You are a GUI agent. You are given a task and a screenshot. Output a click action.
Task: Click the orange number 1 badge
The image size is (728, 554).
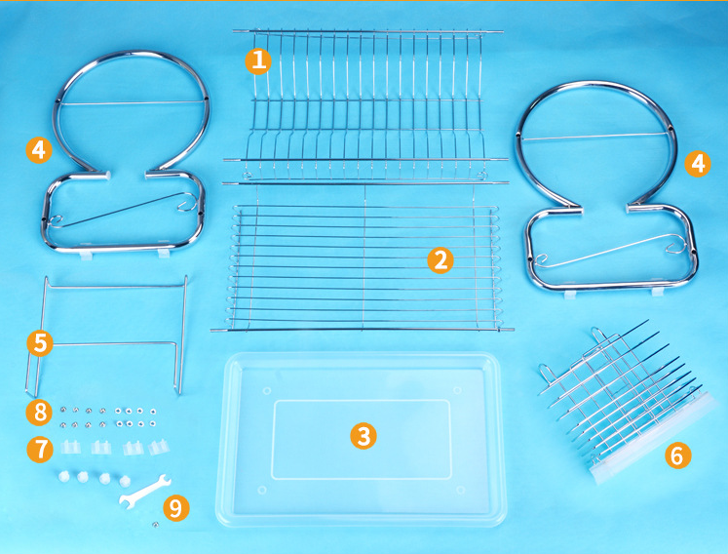pos(258,60)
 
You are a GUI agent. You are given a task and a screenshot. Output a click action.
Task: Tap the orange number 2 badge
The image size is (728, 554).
pos(441,259)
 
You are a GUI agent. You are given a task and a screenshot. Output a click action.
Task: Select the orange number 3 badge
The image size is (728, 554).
pos(364,435)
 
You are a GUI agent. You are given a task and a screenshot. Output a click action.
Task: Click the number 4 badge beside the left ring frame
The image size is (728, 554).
pos(39,150)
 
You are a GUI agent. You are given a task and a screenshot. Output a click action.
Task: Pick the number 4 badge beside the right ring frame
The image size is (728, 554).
pos(698,164)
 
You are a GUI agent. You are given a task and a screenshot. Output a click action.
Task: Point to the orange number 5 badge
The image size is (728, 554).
pos(40,343)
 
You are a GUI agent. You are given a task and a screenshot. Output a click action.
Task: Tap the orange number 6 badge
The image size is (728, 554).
pos(678,455)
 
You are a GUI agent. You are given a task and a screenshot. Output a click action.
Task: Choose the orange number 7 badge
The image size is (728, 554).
pos(40,450)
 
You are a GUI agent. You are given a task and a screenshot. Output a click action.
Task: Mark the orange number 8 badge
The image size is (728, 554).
pos(39,413)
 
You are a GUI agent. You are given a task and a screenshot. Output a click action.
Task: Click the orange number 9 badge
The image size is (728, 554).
pos(176,508)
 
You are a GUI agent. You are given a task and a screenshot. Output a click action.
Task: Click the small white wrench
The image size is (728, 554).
pos(145,490)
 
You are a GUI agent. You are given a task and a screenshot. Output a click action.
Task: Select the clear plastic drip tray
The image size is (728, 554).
pos(362,439)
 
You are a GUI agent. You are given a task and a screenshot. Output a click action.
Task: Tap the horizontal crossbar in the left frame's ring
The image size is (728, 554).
pos(132,102)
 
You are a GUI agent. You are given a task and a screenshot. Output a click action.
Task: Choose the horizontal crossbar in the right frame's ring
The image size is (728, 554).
pos(594,137)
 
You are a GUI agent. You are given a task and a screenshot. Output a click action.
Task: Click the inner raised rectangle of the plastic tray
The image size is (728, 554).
pos(362,439)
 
